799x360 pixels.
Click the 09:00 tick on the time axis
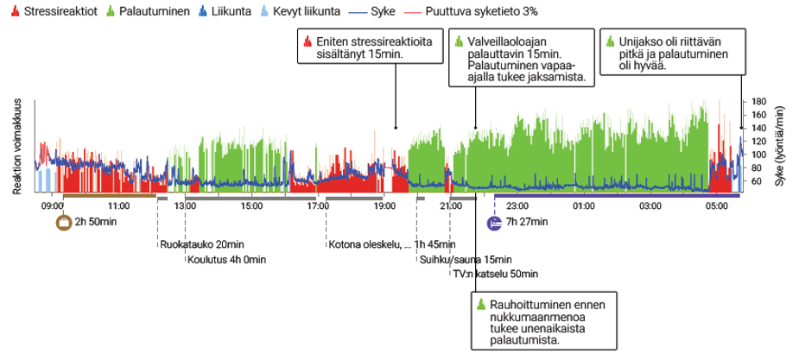point(53,206)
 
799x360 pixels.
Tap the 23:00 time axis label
point(517,206)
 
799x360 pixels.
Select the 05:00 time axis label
point(716,206)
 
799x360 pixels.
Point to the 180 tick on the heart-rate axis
point(759,101)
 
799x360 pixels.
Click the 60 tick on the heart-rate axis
point(757,181)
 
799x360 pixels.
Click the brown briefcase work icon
point(63,223)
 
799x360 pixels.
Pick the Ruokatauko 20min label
point(201,244)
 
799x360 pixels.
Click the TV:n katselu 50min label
point(495,274)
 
